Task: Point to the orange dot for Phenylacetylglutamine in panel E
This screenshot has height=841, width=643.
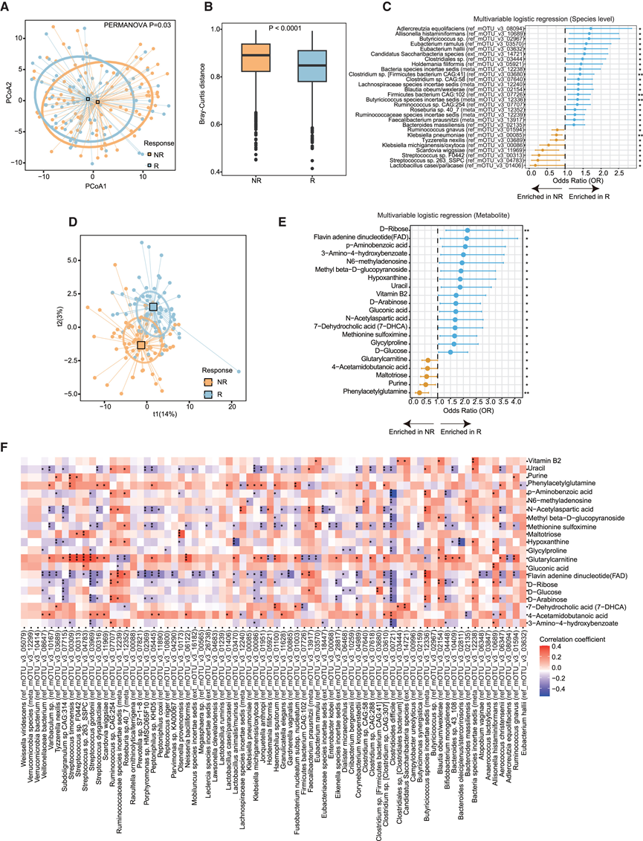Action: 419,391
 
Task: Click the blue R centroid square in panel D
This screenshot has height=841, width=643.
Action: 153,307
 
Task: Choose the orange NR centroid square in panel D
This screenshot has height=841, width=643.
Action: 140,345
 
